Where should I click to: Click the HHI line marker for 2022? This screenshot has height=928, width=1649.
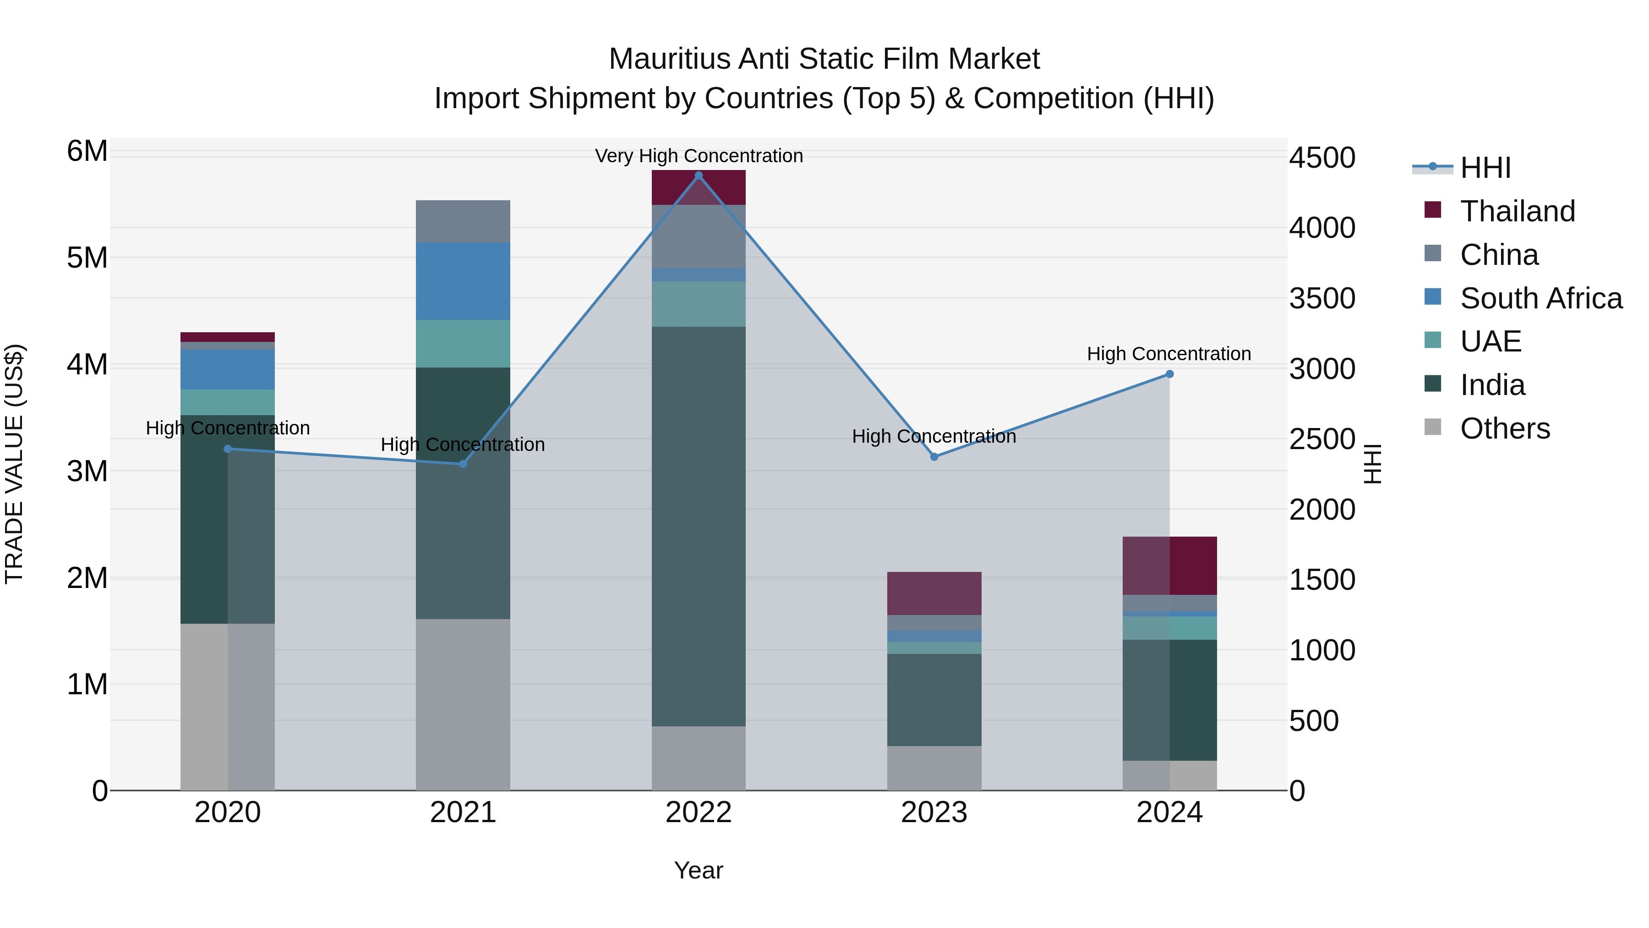(699, 176)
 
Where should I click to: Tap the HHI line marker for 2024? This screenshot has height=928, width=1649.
(1169, 374)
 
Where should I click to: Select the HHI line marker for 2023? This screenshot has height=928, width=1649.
(934, 456)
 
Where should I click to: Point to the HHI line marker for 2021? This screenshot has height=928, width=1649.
(463, 464)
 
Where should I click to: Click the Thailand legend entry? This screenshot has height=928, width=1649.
(1517, 211)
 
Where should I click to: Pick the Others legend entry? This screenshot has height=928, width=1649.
(1504, 428)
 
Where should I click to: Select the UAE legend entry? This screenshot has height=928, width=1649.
(1490, 341)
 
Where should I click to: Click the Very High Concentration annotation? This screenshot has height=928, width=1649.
(699, 156)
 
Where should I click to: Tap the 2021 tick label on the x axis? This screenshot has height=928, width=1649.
(463, 813)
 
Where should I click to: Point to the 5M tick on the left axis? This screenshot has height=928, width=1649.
(87, 258)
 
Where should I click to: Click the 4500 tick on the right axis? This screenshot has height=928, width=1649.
(1322, 158)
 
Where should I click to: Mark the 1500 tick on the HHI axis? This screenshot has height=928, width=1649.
(1322, 580)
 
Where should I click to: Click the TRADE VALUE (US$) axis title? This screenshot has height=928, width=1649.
(14, 464)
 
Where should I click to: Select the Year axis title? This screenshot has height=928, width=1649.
(699, 870)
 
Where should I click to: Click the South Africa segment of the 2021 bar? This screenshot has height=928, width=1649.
(463, 281)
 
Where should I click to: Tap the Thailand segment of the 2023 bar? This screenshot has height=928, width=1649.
(934, 593)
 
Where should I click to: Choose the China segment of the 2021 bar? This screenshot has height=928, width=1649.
(463, 221)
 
